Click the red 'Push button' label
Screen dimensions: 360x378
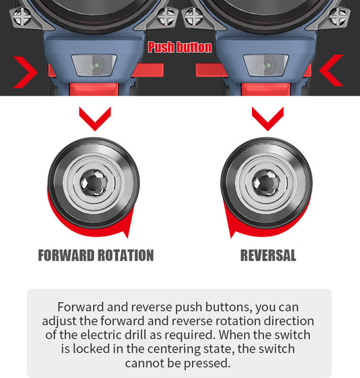coord(180,47)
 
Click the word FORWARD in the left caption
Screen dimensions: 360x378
coord(66,255)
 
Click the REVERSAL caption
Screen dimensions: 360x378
coord(268,255)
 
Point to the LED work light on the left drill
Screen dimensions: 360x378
coord(94,65)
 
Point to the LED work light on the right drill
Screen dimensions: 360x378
coord(266,65)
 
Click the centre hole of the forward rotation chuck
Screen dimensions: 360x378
coord(94,183)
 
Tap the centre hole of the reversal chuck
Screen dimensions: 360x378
coord(266,183)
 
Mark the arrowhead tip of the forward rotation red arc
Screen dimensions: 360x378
coord(127,238)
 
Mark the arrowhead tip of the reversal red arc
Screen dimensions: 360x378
coord(231,238)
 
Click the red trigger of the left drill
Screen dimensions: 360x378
coord(94,89)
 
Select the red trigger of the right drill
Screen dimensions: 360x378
coord(266,89)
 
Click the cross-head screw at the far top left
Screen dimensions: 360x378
coord(22,16)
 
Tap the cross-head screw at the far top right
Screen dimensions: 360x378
coord(338,16)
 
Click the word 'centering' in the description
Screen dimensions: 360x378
coord(173,349)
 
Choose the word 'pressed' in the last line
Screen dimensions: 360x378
coord(206,363)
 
